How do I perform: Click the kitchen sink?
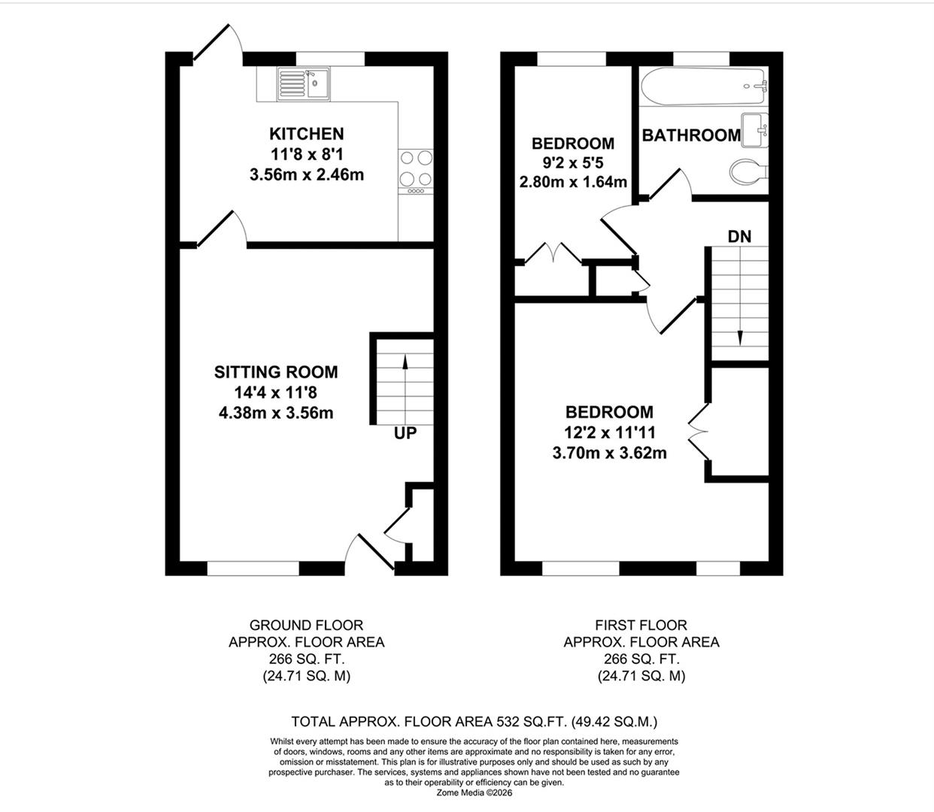303,83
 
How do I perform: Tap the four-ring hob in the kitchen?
416,168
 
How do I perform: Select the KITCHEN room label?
306,134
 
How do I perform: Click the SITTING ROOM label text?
276,371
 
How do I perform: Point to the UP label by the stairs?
405,434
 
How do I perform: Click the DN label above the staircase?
739,236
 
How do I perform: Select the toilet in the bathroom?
749,171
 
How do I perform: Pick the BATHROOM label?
690,135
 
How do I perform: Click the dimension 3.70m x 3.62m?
609,453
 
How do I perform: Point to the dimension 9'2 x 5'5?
572,162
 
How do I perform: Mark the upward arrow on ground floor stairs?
405,365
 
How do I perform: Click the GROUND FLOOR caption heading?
306,625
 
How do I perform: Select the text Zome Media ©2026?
474,792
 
